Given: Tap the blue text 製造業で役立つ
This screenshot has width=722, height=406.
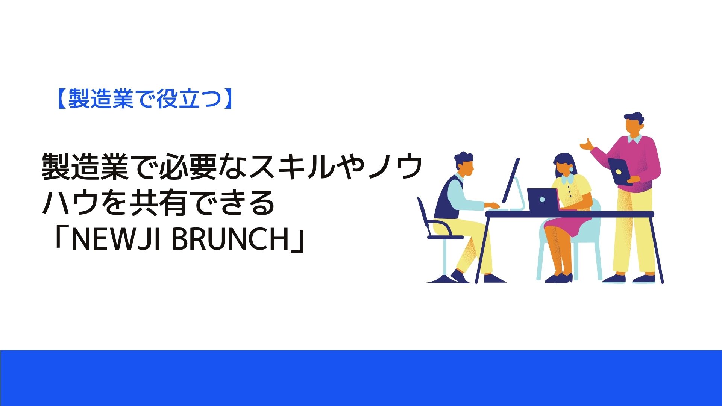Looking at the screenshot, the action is point(144,99).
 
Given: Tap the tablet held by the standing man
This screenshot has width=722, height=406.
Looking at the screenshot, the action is point(619,171).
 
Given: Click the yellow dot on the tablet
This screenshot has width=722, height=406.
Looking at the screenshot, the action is point(618,172).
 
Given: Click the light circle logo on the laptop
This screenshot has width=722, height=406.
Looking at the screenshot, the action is point(542,200).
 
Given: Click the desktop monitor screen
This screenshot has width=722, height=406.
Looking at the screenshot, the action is point(511,180).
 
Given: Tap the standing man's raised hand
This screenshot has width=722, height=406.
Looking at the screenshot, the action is point(586,144).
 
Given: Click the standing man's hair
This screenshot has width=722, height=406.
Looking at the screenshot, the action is point(634,118).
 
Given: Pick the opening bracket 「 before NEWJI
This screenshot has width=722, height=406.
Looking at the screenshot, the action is point(61,237).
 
